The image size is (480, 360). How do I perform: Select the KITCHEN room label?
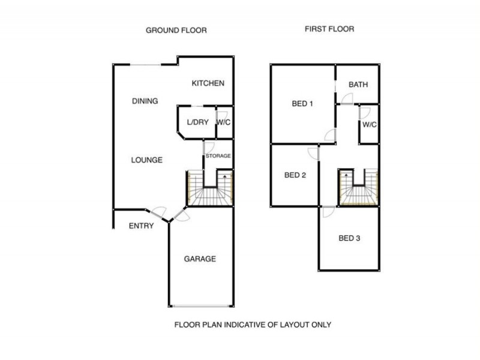point(208,83)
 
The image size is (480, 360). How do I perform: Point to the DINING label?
point(145,101)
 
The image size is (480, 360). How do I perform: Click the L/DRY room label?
point(197,122)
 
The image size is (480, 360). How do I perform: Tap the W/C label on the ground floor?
point(224,122)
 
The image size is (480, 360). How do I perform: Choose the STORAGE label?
point(218,156)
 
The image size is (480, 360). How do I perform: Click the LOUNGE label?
point(146,160)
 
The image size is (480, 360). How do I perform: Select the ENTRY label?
point(142,226)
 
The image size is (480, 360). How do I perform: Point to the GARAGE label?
point(199,259)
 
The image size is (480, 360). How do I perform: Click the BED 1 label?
point(302,104)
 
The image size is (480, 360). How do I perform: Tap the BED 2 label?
point(295,176)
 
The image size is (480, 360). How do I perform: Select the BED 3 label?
point(349,238)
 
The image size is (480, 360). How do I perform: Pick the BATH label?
point(358,85)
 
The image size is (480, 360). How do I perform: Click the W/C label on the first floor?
point(370,125)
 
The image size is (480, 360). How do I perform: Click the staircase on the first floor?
point(358,188)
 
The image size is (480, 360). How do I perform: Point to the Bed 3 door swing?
point(328,212)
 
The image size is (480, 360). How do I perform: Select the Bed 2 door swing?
point(313,154)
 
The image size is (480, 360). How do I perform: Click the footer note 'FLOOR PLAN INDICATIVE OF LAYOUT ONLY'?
point(253,325)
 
